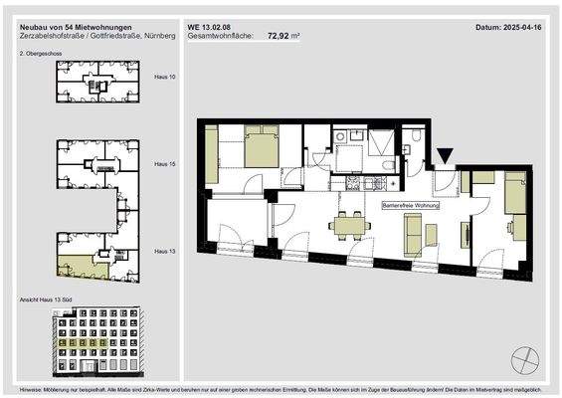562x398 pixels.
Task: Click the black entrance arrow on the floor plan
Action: [445, 155]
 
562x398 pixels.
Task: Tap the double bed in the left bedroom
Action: [260, 150]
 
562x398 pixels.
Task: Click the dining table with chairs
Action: [347, 226]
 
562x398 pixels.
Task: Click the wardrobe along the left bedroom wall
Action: [212, 157]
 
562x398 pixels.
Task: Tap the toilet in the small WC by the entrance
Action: [416, 138]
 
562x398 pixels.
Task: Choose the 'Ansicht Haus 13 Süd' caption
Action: [48, 299]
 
